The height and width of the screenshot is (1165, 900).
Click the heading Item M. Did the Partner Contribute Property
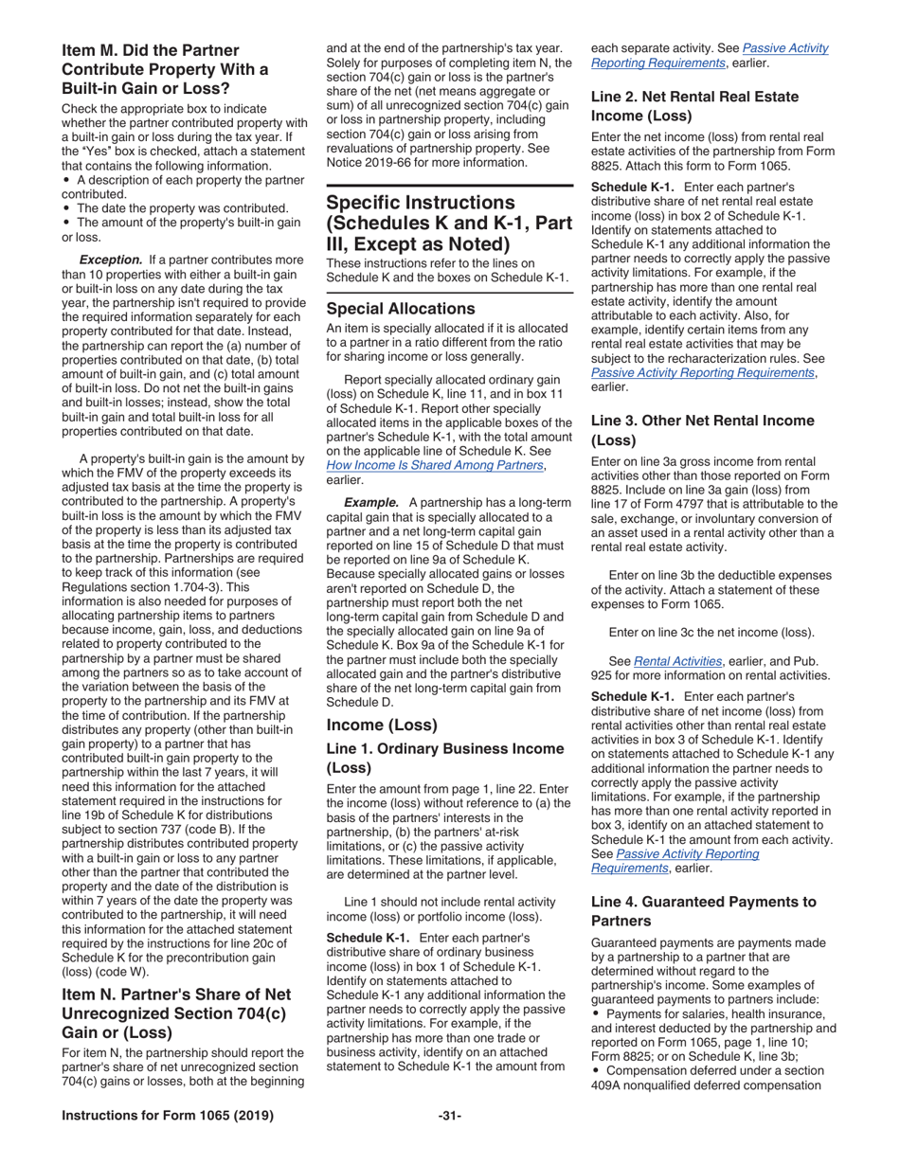165,69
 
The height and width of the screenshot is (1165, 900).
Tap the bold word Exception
111,260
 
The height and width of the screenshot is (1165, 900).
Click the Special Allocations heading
401,309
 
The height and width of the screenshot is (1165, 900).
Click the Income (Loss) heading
382,725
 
